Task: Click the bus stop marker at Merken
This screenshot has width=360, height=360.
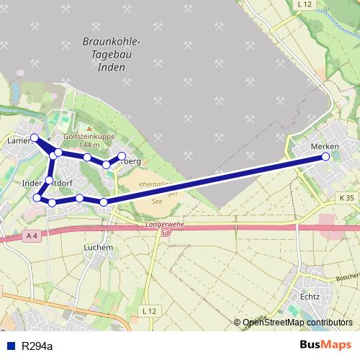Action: coord(326,156)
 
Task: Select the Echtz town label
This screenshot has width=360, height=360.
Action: coord(310,296)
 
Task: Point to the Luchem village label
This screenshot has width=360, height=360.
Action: coord(99,247)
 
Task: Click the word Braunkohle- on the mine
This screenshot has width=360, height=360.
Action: coord(112,42)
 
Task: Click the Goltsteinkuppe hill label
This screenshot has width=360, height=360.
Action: coord(91,135)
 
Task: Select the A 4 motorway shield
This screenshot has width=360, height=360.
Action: coord(31,235)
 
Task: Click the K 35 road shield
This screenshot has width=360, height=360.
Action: coord(346,197)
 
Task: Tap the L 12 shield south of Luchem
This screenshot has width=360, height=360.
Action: coord(149,310)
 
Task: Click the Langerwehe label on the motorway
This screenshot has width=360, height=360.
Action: coord(165,225)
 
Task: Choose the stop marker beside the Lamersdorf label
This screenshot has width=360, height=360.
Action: coord(34,137)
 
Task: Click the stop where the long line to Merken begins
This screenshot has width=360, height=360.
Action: coord(104,202)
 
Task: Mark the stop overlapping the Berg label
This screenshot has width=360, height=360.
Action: coord(122,156)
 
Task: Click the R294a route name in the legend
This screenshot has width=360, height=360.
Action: coord(36,346)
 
